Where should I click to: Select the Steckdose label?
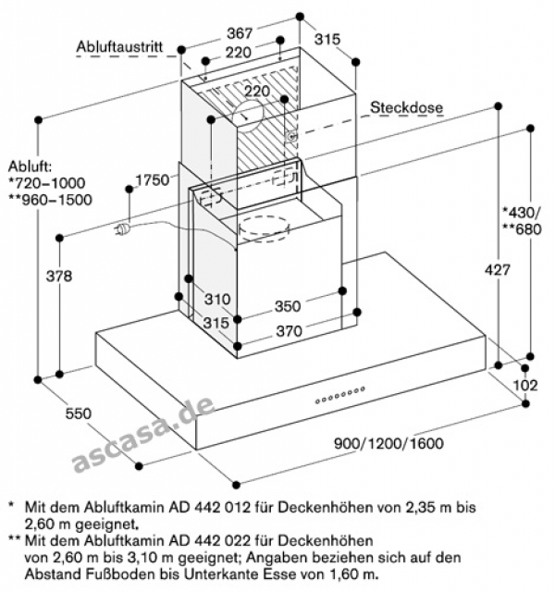pyautogui.click(x=407, y=108)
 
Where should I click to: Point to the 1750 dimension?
pyautogui.click(x=152, y=179)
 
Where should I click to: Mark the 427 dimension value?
pyautogui.click(x=473, y=270)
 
